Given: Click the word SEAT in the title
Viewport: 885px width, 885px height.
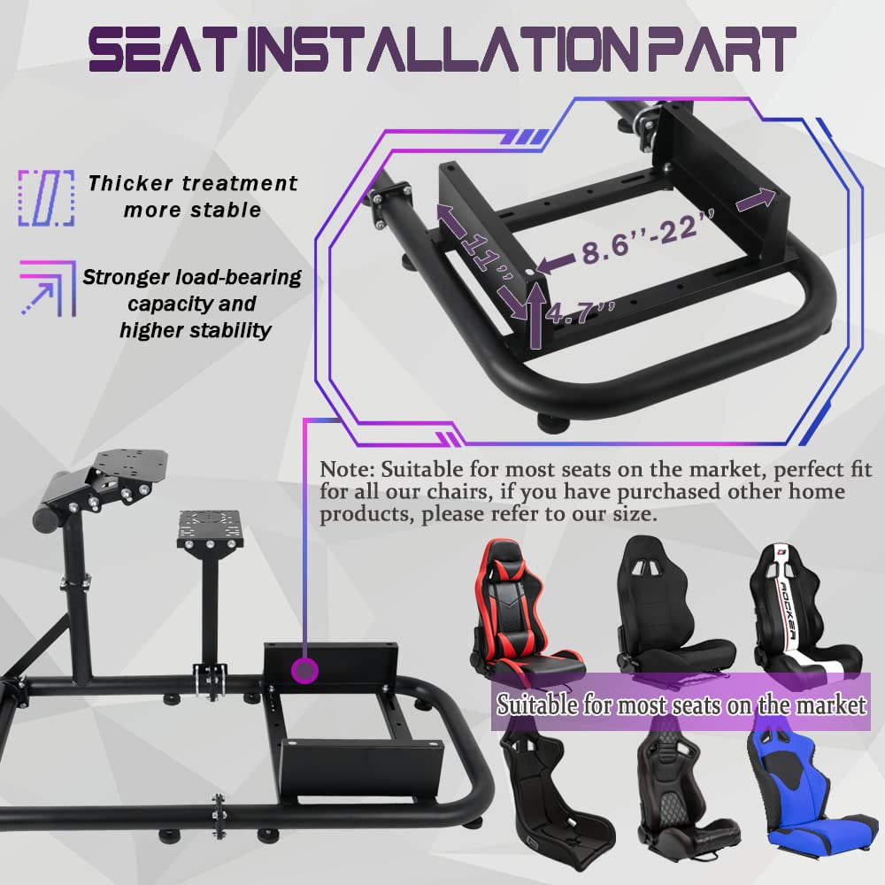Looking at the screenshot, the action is (161, 50).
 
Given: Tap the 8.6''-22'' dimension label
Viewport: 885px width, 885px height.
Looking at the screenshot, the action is (649, 237).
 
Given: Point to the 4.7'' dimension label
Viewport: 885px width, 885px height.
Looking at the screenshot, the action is (580, 312).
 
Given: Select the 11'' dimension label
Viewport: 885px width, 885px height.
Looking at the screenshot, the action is (487, 254).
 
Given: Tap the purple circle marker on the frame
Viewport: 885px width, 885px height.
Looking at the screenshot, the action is (304, 671).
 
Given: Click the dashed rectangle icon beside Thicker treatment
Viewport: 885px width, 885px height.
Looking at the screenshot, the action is (46, 197).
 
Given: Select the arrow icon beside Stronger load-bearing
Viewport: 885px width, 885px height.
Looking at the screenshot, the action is (48, 288).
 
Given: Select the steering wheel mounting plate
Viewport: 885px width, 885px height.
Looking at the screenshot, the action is (129, 466).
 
